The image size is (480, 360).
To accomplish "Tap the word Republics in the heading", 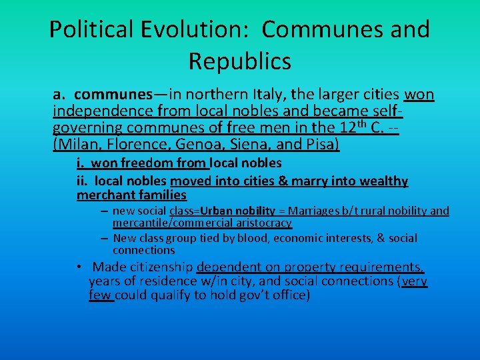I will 239,61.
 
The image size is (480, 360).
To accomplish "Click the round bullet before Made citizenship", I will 79,267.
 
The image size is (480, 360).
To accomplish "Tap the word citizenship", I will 161,267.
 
